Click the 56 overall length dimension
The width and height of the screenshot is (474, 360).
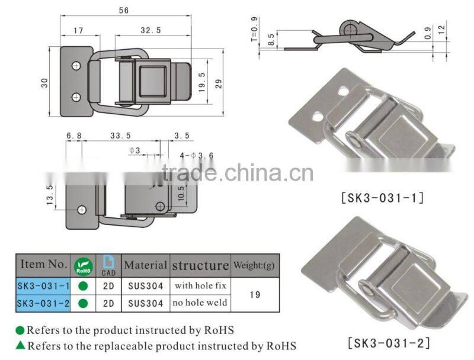[x=124, y=11]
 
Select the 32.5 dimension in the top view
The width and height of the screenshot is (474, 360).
[x=151, y=30]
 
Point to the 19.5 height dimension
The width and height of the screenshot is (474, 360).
[x=202, y=82]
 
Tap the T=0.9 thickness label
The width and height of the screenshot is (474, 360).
[x=255, y=29]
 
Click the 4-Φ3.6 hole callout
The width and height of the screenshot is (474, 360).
[x=197, y=156]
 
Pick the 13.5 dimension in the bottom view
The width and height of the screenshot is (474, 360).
[x=50, y=195]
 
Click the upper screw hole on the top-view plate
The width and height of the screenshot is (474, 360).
[x=76, y=66]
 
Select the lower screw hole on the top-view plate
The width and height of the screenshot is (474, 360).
[x=76, y=97]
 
